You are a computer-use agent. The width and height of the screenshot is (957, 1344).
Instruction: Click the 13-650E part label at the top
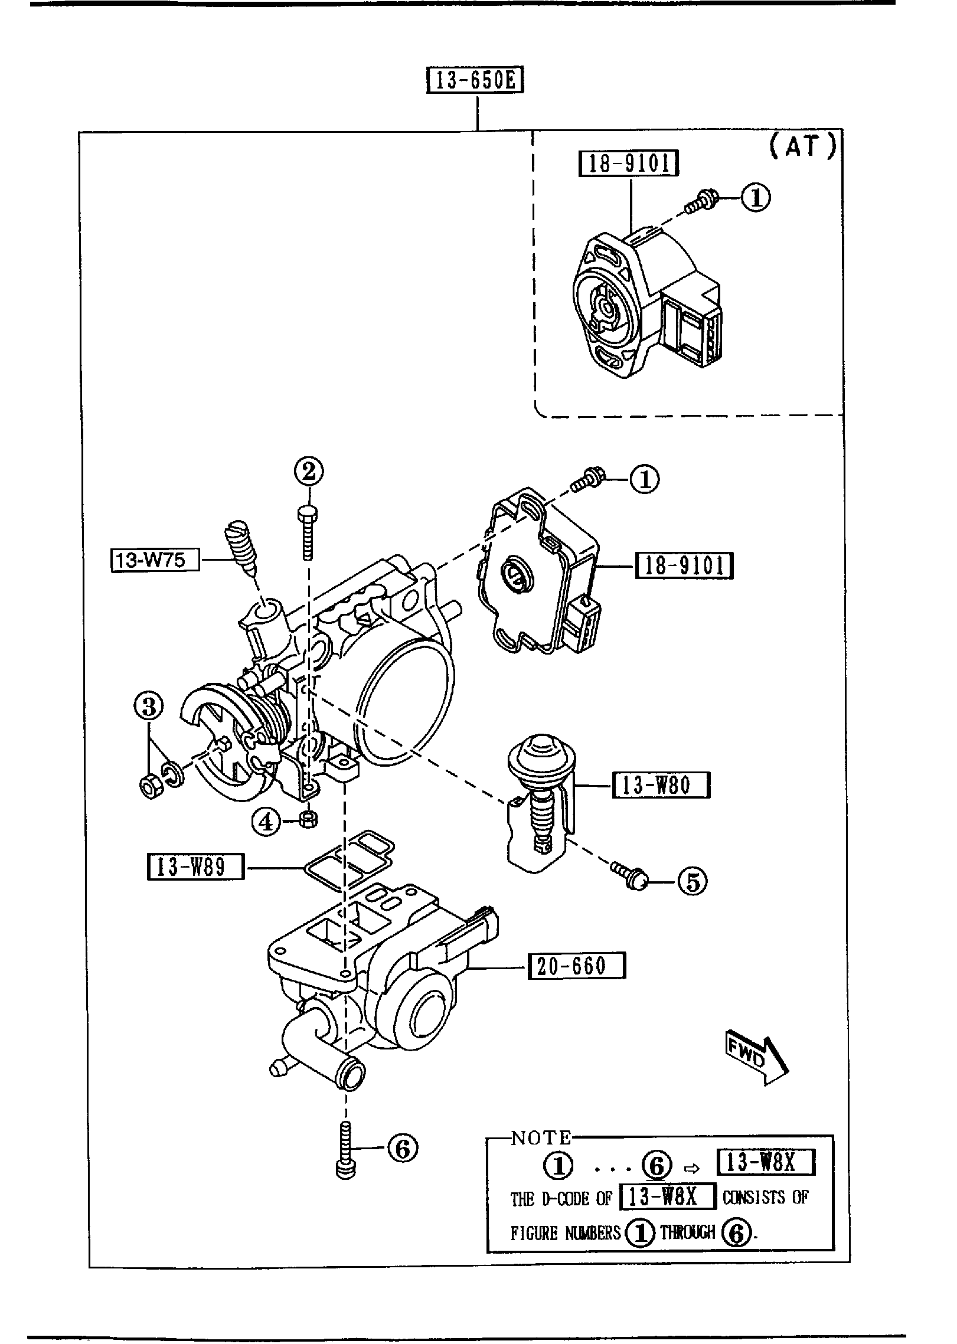[x=475, y=81]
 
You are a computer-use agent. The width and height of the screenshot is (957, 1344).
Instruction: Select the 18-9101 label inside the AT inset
[x=629, y=163]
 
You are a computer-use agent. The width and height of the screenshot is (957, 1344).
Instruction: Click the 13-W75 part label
[x=155, y=560]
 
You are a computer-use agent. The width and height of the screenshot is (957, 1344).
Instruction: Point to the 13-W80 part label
[x=661, y=785]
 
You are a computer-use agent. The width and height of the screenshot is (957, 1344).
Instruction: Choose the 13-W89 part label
[x=195, y=868]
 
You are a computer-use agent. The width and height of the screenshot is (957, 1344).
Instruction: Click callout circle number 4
[x=266, y=822]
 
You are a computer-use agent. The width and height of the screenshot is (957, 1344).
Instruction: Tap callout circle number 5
[x=693, y=898]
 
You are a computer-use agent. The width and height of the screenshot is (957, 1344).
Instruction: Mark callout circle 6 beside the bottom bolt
[x=402, y=1148]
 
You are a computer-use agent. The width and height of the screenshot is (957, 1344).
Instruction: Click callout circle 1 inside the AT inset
[x=756, y=198]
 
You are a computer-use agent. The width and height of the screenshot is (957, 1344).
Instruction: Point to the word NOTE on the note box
[x=541, y=1137]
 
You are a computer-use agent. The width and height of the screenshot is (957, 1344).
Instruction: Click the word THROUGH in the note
[x=688, y=1232]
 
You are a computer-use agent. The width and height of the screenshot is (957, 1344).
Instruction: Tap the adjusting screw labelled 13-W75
[x=242, y=545]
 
